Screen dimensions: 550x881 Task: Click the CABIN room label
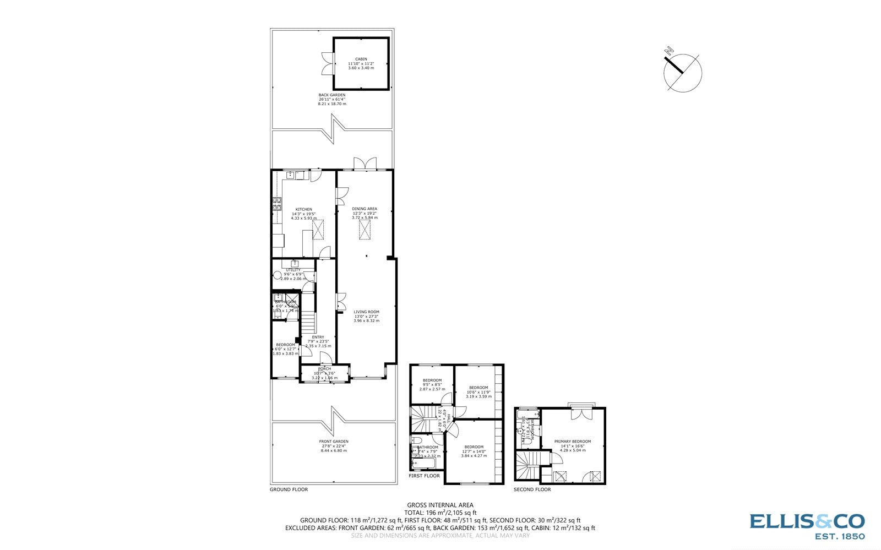[x=361, y=59]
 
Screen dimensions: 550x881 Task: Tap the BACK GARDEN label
[x=332, y=95]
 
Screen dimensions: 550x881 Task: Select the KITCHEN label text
[x=303, y=209]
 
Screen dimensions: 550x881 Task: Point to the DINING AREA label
[x=365, y=209]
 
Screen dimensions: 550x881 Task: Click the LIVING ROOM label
[x=366, y=312]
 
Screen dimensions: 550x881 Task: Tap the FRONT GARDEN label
[x=334, y=442]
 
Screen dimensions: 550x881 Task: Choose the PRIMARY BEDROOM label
[x=573, y=442]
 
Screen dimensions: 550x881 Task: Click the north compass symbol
[x=682, y=71]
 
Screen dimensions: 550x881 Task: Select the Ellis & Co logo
[x=807, y=525]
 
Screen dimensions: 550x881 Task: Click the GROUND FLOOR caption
[x=289, y=489]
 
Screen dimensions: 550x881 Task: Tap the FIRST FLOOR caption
[x=424, y=476]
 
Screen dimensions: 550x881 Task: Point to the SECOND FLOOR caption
[x=532, y=489]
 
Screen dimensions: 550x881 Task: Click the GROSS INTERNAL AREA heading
[x=440, y=505]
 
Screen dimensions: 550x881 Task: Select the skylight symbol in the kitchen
[x=318, y=230]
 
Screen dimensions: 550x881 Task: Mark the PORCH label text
[x=324, y=369]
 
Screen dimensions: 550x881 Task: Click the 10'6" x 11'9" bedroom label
[x=478, y=388]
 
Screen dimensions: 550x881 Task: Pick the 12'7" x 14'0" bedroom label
[x=474, y=447]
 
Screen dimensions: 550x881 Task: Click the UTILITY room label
[x=293, y=270]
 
